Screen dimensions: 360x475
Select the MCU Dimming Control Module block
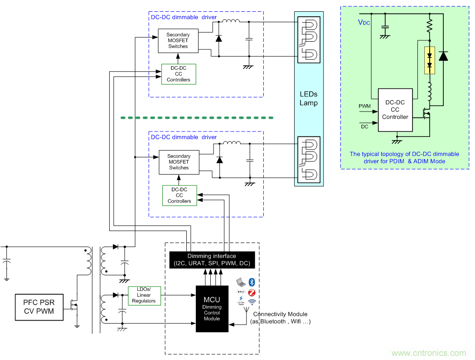pos(212,308)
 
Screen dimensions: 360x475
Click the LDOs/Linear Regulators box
pos(144,295)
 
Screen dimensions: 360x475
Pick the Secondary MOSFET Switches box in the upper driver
pos(178,40)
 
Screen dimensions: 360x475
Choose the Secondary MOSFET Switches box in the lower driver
pos(179,162)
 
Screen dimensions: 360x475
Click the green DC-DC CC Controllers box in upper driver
pos(179,74)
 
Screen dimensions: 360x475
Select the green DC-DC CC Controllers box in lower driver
pos(179,195)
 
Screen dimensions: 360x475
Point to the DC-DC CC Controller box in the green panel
pos(395,110)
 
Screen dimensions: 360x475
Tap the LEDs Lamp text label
pos(309,98)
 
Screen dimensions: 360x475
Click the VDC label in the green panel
pos(364,22)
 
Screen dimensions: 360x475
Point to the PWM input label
pos(364,106)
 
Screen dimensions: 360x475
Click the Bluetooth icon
pos(252,282)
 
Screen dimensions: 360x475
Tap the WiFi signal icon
pos(252,301)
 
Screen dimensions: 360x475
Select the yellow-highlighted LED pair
pos(429,60)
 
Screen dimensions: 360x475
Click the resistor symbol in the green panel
pos(429,25)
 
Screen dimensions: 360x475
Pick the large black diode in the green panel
pos(443,56)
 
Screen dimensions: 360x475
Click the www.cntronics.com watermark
pos(428,353)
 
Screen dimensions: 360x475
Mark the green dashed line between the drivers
pos(197,118)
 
